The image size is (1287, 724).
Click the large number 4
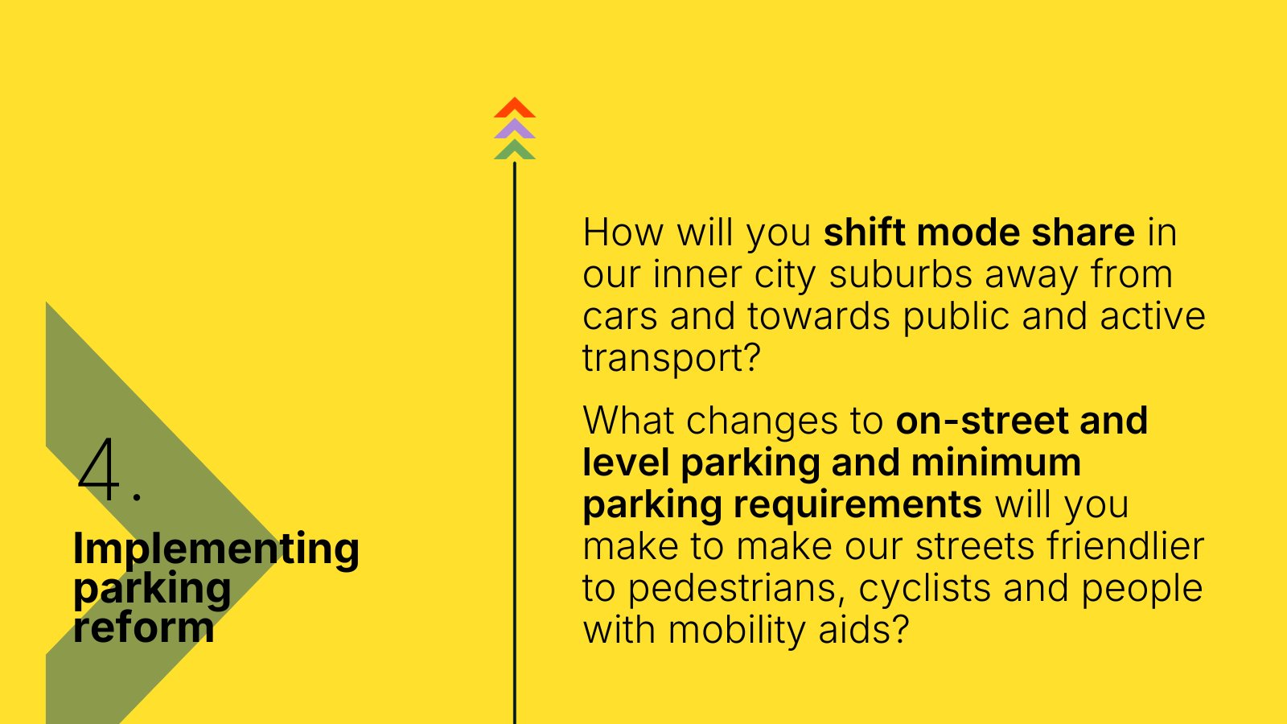pos(99,469)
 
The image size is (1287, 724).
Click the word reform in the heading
pos(144,627)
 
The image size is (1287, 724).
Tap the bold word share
pos(1083,232)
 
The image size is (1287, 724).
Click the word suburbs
pos(901,274)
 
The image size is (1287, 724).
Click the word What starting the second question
pos(628,420)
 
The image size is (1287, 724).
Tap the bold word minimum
pos(997,462)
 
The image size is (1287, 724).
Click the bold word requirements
pos(857,505)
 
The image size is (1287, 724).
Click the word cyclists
pos(924,589)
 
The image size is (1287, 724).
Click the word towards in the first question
pos(819,316)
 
